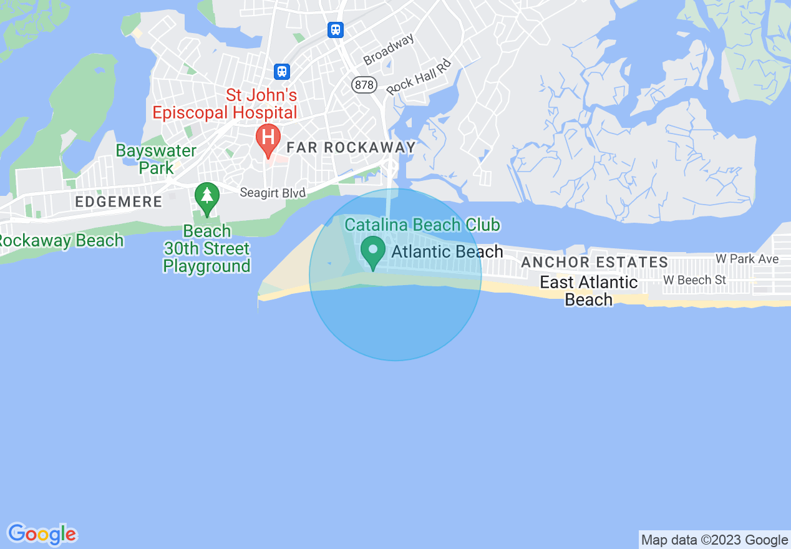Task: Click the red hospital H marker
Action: (268, 137)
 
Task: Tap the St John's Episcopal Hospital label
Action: (225, 104)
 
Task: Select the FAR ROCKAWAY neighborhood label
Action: (351, 148)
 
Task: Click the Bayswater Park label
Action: (156, 159)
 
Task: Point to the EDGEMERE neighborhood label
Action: (119, 202)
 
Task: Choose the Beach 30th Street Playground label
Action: (206, 249)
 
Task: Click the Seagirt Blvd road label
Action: (273, 193)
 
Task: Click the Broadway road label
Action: (389, 50)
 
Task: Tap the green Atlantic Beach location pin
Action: (373, 253)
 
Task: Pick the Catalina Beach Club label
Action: (422, 225)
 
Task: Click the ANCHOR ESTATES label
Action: (594, 263)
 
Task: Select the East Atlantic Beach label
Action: (588, 291)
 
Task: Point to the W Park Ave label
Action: (747, 258)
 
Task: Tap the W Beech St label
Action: (694, 280)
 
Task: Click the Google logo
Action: (42, 534)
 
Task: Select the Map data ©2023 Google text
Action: (714, 540)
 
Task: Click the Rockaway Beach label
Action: (61, 241)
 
